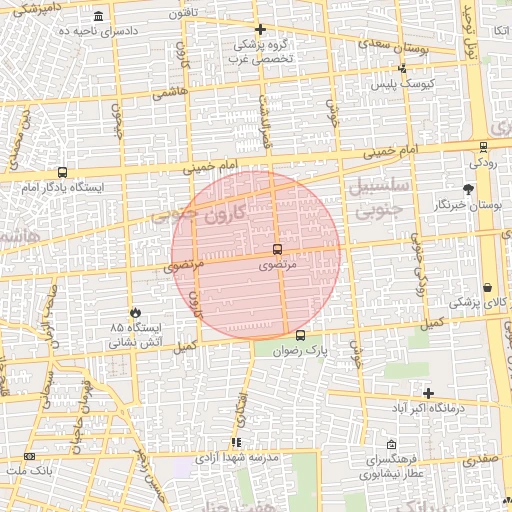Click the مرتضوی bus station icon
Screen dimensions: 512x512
(277, 248)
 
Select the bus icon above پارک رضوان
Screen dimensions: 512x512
(301, 336)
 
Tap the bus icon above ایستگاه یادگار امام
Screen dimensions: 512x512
(63, 172)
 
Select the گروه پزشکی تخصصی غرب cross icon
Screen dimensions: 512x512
(260, 29)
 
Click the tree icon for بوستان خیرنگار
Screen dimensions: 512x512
(468, 189)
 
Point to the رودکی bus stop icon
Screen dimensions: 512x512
(483, 146)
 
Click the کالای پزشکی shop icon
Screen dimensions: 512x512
(486, 287)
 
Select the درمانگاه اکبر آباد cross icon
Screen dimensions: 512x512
(429, 393)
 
